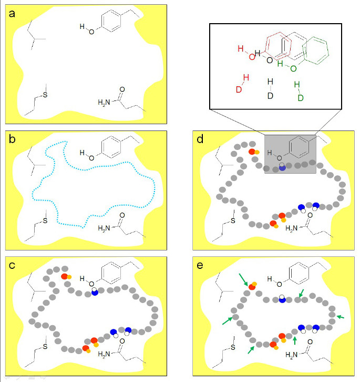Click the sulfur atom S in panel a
(x=45, y=94)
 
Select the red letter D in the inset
(x=239, y=89)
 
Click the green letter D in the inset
(x=301, y=98)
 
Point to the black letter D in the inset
(x=270, y=96)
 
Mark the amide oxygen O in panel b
(x=121, y=215)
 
